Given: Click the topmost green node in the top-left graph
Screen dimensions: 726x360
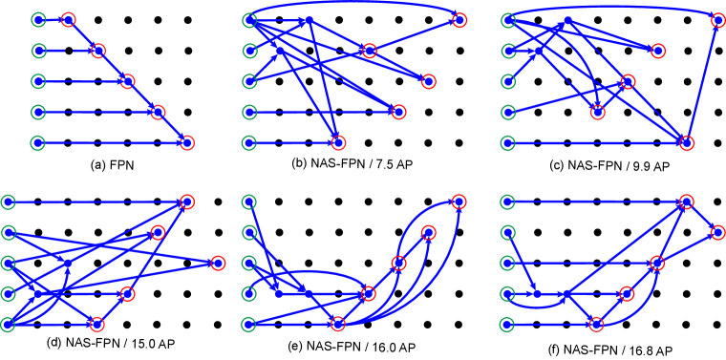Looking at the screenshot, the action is (x=38, y=20).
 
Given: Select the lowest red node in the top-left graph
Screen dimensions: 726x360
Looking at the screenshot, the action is (x=186, y=142).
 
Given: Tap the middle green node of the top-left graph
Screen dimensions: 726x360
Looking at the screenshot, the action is (x=38, y=81).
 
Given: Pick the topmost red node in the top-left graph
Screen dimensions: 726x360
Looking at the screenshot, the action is (x=68, y=20).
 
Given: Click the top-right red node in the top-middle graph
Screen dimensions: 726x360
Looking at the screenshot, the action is (x=459, y=20).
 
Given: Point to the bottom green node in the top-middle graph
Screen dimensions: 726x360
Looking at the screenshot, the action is (x=249, y=142).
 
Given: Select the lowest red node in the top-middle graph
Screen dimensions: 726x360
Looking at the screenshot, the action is (x=338, y=142).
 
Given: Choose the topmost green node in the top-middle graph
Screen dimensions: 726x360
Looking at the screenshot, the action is (x=249, y=20).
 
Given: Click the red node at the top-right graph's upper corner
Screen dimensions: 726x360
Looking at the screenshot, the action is (x=717, y=20).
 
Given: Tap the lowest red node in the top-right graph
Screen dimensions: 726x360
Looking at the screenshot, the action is (x=687, y=142).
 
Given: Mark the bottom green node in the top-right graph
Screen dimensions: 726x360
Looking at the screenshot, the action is (x=507, y=142).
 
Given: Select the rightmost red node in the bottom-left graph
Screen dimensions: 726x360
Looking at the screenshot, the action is (x=218, y=263).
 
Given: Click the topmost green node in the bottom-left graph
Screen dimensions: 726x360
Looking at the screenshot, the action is (x=9, y=201).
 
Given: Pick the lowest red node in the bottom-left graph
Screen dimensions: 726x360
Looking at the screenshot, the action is (x=96, y=324).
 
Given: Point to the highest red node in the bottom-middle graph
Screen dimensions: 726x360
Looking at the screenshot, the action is (x=459, y=201).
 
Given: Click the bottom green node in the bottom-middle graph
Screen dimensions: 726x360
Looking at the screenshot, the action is (x=249, y=324).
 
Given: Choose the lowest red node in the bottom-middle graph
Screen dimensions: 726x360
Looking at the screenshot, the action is (x=337, y=324).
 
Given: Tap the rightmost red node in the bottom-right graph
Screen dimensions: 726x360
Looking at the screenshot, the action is (x=717, y=232).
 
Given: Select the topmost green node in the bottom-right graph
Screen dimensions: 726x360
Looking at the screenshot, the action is (x=507, y=201).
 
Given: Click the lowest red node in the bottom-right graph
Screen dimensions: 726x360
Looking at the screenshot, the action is (x=596, y=324).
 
